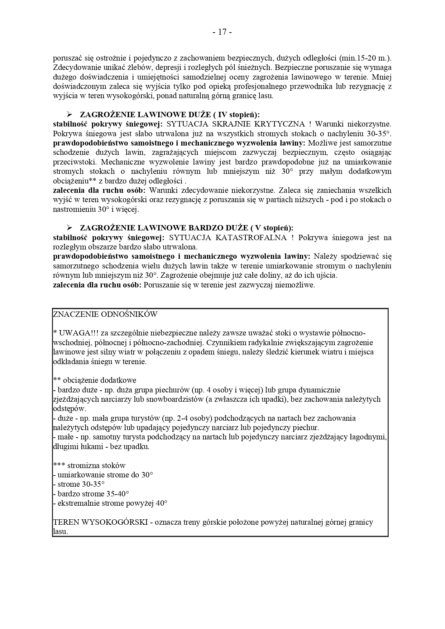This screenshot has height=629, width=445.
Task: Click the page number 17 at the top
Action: [x=222, y=32]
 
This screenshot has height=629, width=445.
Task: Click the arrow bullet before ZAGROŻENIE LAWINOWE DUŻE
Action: [x=69, y=115]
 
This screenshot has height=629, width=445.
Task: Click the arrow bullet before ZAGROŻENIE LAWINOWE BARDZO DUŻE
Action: [x=69, y=228]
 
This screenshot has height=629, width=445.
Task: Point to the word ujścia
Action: [x=326, y=276]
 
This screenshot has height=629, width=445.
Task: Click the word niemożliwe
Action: [x=297, y=285]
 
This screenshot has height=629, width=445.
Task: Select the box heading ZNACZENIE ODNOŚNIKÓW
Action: [x=105, y=314]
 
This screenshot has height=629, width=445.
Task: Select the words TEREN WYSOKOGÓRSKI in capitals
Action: [x=100, y=522]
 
